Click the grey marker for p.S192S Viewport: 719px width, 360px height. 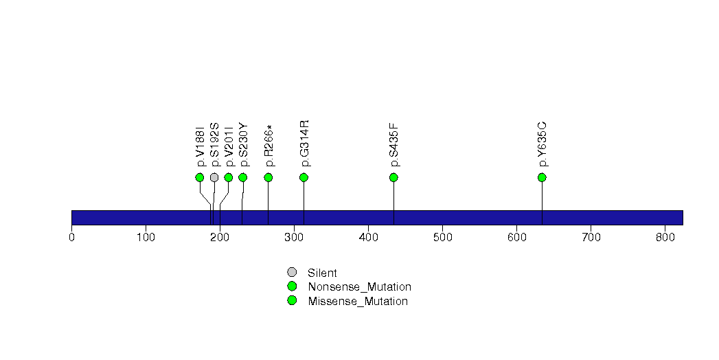(x=214, y=177)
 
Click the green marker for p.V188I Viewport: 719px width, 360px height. (x=200, y=177)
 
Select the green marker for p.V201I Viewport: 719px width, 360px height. (x=229, y=177)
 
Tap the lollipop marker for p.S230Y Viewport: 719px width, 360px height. (x=242, y=177)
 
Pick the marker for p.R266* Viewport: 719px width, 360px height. (x=269, y=177)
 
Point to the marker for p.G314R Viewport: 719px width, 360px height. (x=304, y=177)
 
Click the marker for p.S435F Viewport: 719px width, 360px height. (x=393, y=177)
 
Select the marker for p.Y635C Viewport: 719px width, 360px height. (x=542, y=177)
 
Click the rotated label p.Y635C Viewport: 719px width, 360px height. (x=543, y=144)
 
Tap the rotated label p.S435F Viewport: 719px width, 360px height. (x=394, y=145)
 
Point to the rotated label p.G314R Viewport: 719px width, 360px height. (x=304, y=143)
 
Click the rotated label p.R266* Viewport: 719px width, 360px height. (x=269, y=146)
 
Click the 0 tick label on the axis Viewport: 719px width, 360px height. (x=71, y=238)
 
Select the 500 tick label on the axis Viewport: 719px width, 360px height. (x=442, y=238)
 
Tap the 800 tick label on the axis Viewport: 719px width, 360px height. (x=665, y=238)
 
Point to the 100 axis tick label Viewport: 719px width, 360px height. (x=146, y=238)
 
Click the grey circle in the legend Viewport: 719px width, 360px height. (x=292, y=272)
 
